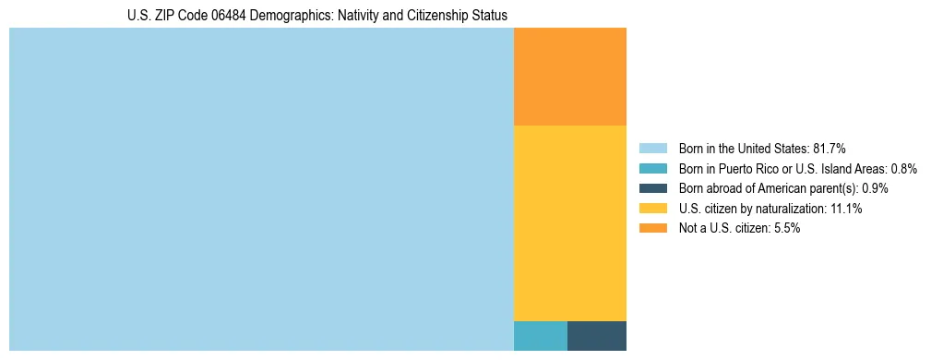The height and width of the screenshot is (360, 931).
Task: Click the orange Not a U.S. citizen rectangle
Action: pyautogui.click(x=569, y=77)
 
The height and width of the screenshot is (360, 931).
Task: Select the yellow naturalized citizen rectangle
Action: pyautogui.click(x=569, y=222)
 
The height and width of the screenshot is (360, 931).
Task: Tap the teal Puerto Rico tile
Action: pyautogui.click(x=540, y=335)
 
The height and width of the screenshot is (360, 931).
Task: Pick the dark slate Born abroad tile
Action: pyautogui.click(x=596, y=335)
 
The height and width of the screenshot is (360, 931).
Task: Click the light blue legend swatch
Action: pyautogui.click(x=652, y=148)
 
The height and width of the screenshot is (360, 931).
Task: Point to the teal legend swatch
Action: pyautogui.click(x=652, y=168)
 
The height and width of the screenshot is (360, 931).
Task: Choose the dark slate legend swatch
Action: pyautogui.click(x=652, y=188)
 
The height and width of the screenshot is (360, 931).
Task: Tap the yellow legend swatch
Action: pyautogui.click(x=652, y=209)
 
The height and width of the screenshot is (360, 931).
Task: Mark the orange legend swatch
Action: pyautogui.click(x=652, y=228)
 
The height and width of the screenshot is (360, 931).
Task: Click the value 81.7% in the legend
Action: pyautogui.click(x=829, y=148)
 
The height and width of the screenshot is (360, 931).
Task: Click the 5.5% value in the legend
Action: pyautogui.click(x=786, y=228)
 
